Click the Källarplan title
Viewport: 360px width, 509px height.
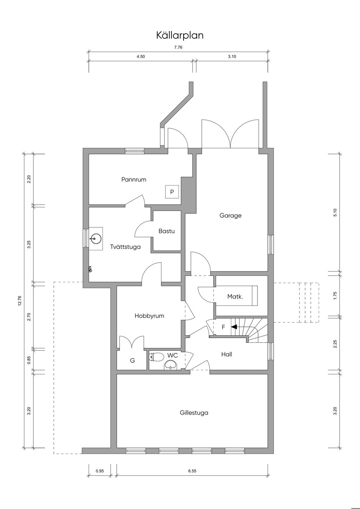click(x=180, y=36)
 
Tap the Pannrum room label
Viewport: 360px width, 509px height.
click(x=134, y=180)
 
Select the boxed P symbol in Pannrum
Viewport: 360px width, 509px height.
click(x=172, y=192)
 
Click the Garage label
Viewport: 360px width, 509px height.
click(x=231, y=215)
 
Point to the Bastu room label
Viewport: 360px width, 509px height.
click(x=167, y=231)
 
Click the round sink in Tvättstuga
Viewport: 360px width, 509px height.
click(x=96, y=239)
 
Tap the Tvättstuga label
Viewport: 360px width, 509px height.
click(x=125, y=247)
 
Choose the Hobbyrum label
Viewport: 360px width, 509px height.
click(x=149, y=316)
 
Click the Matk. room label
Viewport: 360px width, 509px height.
click(x=235, y=296)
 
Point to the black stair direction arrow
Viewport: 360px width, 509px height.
click(x=234, y=327)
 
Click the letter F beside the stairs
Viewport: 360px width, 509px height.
click(x=223, y=327)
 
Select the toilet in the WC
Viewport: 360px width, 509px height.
click(x=156, y=357)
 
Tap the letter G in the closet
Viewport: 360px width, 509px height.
click(x=133, y=360)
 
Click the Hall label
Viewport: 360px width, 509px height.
click(x=227, y=354)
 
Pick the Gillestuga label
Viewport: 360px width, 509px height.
click(x=194, y=413)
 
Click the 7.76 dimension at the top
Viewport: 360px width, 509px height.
click(x=178, y=47)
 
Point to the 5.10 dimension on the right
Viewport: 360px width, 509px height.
click(x=335, y=212)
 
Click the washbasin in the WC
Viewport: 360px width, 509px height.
click(x=171, y=365)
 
